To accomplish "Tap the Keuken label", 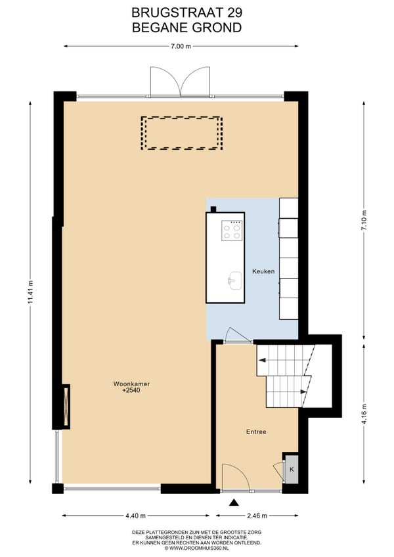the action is click(263, 271).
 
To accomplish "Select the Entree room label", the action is click(256, 432).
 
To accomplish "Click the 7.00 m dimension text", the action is click(181, 46).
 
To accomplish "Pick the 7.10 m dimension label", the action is click(364, 221).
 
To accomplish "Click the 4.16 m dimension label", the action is click(364, 414).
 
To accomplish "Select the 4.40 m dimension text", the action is click(136, 516).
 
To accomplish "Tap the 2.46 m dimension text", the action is click(257, 516).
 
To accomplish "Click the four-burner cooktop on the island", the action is click(232, 231).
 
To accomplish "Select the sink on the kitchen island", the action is click(234, 280).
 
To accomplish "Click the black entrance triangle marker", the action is click(233, 502).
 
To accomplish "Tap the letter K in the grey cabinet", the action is click(292, 469).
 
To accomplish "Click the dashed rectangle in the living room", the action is click(181, 133).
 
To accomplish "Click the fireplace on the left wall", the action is click(66, 407).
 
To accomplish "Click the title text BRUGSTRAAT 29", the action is click(187, 12).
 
